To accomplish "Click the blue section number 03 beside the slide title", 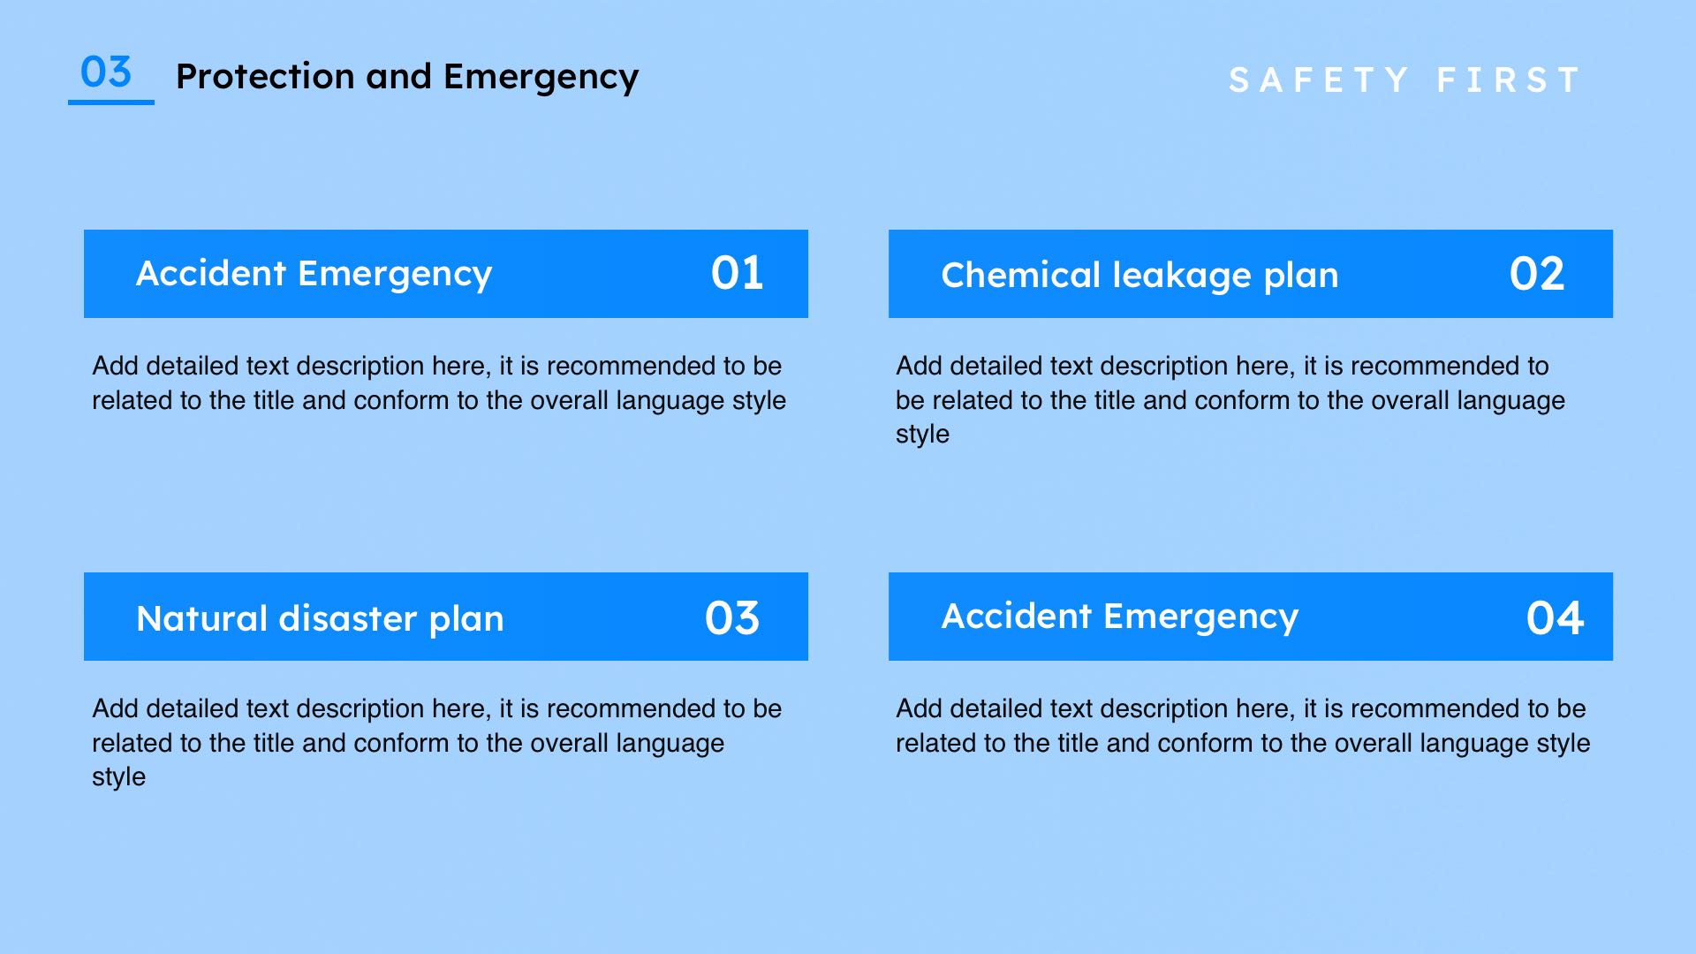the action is point(106,72).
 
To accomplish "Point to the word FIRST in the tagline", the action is point(1508,80).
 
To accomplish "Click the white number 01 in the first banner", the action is point(737,273).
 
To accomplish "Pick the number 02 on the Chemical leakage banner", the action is point(1537,274).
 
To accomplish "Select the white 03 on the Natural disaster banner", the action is point(732,617).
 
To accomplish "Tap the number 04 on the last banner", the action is point(1555,617).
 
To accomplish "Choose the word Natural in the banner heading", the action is point(202,618).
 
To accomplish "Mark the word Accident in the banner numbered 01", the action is point(211,273).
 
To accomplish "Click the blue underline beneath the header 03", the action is point(111,102).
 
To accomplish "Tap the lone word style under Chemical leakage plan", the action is point(922,435).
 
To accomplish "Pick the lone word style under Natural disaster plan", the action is point(118,777).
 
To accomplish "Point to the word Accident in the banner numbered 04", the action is point(1017,616).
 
